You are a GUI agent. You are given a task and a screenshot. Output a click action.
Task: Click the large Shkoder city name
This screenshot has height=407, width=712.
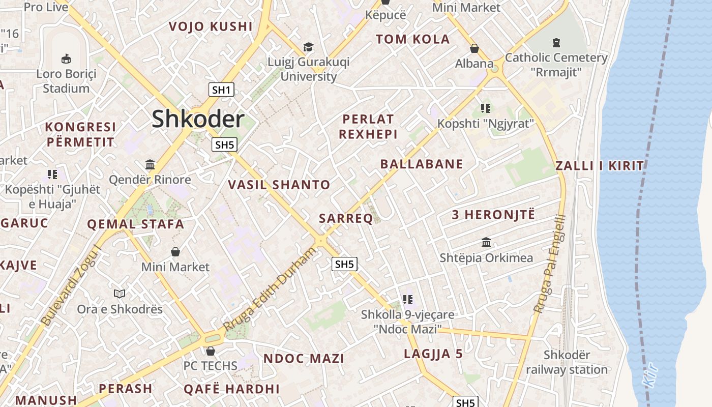pos(198,119)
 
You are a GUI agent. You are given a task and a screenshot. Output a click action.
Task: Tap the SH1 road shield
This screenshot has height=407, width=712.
pos(221,91)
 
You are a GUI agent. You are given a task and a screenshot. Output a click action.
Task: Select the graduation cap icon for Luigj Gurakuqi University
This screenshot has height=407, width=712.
pos(308,47)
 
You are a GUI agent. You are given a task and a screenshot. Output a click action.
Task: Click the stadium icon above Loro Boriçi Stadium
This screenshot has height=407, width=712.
pos(66,59)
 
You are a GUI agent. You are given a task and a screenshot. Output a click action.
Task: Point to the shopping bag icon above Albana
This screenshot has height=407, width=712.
pos(474,48)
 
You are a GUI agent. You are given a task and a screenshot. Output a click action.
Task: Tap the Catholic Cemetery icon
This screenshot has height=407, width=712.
pos(556,43)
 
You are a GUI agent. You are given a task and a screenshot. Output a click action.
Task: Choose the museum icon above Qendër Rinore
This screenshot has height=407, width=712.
pos(150,164)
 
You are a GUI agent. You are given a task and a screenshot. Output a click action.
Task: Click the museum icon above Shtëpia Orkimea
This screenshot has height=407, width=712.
pos(486,242)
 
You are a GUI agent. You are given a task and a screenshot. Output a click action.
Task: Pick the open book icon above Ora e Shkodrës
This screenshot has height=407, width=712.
pos(120,294)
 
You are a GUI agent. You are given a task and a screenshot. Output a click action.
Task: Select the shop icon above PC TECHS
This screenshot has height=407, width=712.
pos(211,351)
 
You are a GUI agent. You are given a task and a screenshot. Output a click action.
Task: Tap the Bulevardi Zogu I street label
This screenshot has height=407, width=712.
pos(71,285)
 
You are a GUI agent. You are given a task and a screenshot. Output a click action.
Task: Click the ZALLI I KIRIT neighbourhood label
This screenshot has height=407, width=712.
pos(600,165)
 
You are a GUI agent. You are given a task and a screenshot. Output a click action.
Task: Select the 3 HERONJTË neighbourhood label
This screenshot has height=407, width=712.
pos(493,215)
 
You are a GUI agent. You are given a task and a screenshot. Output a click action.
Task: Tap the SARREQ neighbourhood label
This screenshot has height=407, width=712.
pos(346,219)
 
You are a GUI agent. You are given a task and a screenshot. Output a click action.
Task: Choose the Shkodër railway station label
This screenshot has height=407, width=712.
pos(567,362)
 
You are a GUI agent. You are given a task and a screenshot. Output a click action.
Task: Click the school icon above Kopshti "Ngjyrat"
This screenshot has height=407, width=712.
pos(486,108)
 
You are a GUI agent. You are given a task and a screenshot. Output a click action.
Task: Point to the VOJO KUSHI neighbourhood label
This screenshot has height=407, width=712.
pos(211,26)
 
